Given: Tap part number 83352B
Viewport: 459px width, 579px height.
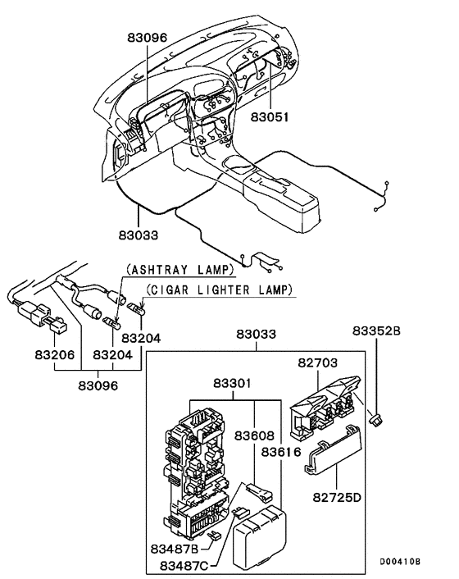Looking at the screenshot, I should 377,331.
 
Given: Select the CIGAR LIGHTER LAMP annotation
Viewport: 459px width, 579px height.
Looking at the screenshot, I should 219,289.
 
